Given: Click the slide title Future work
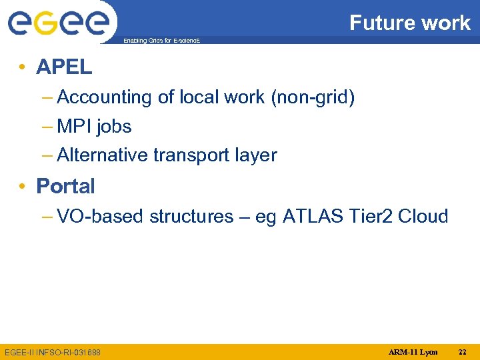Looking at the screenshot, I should pos(410,23).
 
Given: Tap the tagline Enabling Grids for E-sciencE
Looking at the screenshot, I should pos(161,41).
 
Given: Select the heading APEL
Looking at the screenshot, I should pos(64,67).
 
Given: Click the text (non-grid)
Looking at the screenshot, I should pos(313,97).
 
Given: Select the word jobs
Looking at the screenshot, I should pos(114,127).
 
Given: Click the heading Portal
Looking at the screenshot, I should pos(65,186).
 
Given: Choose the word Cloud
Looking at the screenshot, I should pos(423,217).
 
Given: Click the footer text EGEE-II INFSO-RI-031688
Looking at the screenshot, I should pos(52,352).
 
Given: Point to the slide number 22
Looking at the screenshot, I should pos(463,351).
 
